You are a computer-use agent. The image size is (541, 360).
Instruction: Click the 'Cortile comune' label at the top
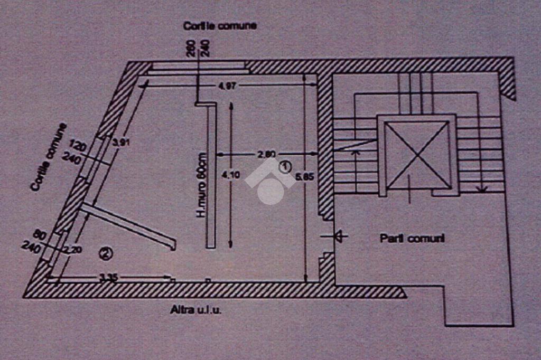point(219,25)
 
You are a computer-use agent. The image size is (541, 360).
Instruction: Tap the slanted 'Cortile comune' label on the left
point(49,157)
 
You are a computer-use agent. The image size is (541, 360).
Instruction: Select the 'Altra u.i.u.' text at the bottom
point(195,310)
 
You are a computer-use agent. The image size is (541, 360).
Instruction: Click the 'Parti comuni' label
point(412,239)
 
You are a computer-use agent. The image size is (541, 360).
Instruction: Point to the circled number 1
point(285,167)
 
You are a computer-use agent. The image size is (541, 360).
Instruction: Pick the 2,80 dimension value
point(266,155)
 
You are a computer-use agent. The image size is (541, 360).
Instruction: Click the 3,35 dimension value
point(108,278)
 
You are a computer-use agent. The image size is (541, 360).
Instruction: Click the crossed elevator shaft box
point(417,155)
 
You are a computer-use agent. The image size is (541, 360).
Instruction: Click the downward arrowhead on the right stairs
point(481,187)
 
